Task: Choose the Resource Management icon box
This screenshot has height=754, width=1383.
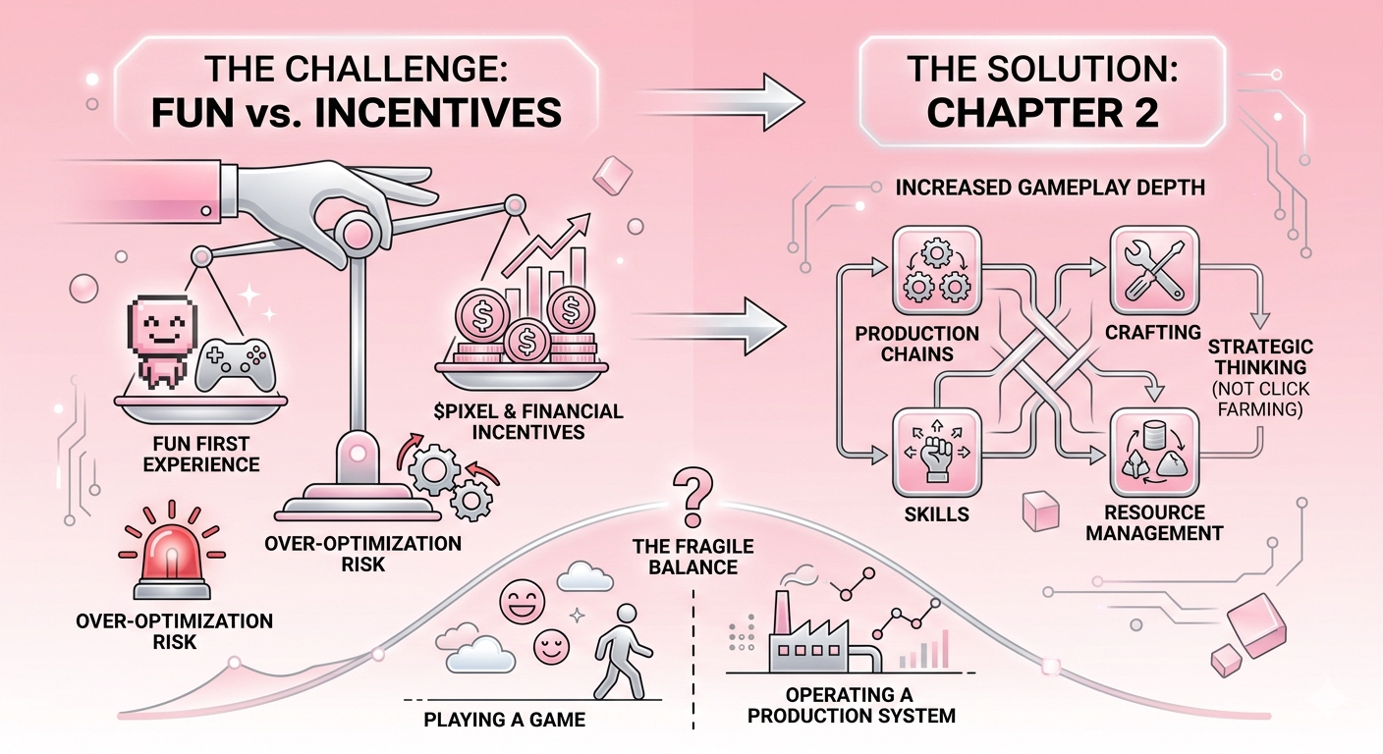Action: click(x=1153, y=455)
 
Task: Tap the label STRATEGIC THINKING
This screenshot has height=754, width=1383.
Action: click(x=1274, y=359)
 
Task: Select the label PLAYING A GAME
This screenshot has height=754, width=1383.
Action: click(x=504, y=720)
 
